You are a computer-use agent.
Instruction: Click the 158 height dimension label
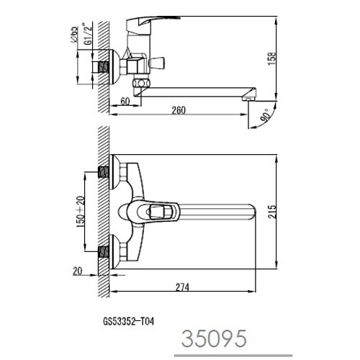(272, 58)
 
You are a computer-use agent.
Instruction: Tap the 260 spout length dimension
(179, 110)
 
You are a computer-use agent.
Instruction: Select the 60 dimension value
(125, 102)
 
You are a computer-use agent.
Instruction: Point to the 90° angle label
(266, 115)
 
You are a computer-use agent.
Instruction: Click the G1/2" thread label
(89, 34)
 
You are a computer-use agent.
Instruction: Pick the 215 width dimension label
(272, 212)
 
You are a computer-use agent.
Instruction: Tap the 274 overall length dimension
(182, 287)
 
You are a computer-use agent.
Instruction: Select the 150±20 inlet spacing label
(81, 212)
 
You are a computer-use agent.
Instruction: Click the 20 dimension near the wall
(78, 271)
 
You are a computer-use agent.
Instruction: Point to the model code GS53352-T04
(129, 321)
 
